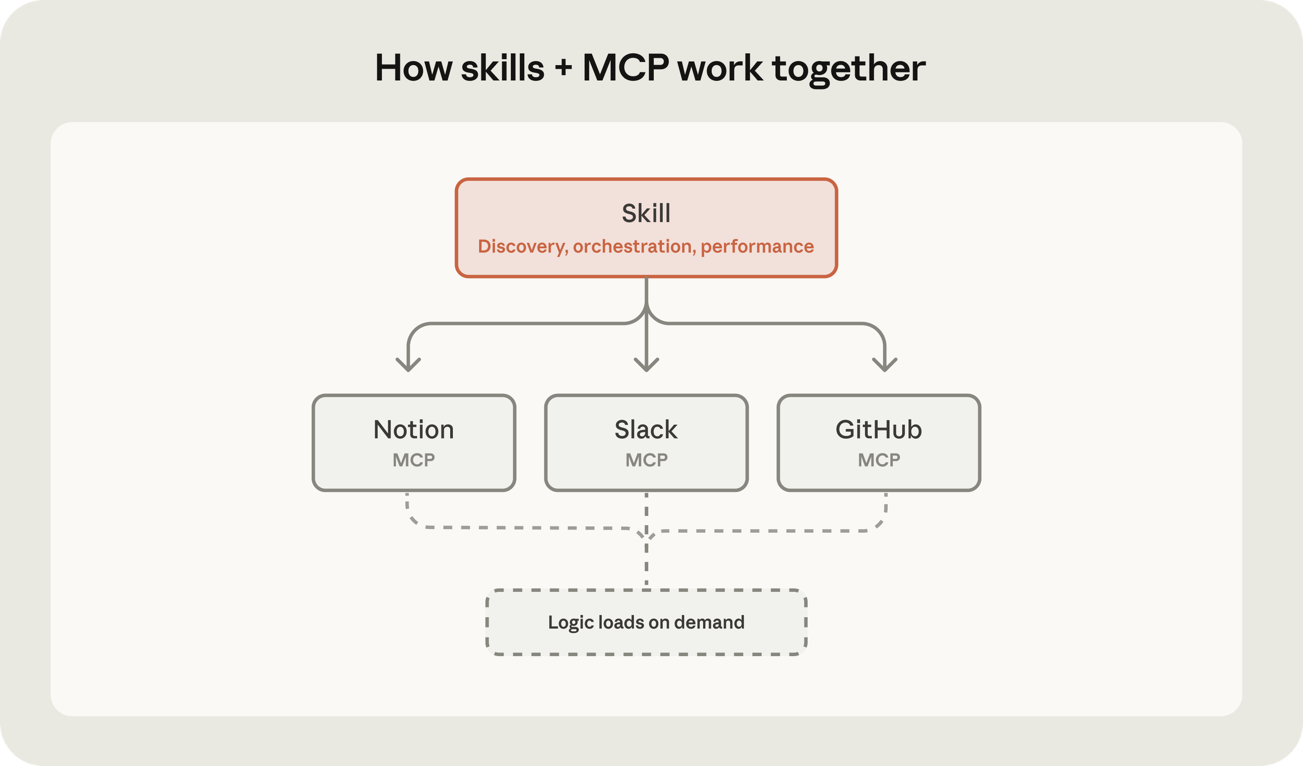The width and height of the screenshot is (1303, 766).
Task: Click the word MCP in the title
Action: pyautogui.click(x=625, y=68)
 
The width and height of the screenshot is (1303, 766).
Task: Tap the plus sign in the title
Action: pyautogui.click(x=563, y=69)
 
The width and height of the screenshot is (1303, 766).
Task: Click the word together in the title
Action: pyautogui.click(x=849, y=70)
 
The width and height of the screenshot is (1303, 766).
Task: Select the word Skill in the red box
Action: pyautogui.click(x=646, y=213)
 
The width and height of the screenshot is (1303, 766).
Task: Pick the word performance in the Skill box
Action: pyautogui.click(x=757, y=247)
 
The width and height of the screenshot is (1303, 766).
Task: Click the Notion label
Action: pyautogui.click(x=414, y=430)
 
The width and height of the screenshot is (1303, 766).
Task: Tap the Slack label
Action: pyautogui.click(x=646, y=430)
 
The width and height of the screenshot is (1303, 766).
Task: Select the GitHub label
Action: pyautogui.click(x=878, y=430)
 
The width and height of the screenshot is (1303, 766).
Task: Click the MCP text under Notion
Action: pyautogui.click(x=414, y=460)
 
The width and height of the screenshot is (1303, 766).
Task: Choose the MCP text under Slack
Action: pyautogui.click(x=647, y=460)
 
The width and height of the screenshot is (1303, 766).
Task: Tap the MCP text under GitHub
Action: pyautogui.click(x=879, y=460)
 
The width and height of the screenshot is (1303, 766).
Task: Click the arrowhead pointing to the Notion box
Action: pyautogui.click(x=408, y=365)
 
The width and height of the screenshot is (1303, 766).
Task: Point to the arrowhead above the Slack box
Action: pyautogui.click(x=646, y=365)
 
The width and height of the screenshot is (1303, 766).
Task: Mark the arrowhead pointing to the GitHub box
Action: pyautogui.click(x=885, y=365)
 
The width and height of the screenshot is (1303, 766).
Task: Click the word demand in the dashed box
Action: pyautogui.click(x=709, y=622)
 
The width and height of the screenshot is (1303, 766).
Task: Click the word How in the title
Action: pyautogui.click(x=414, y=68)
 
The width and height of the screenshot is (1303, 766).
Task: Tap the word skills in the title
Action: pyautogui.click(x=502, y=68)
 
